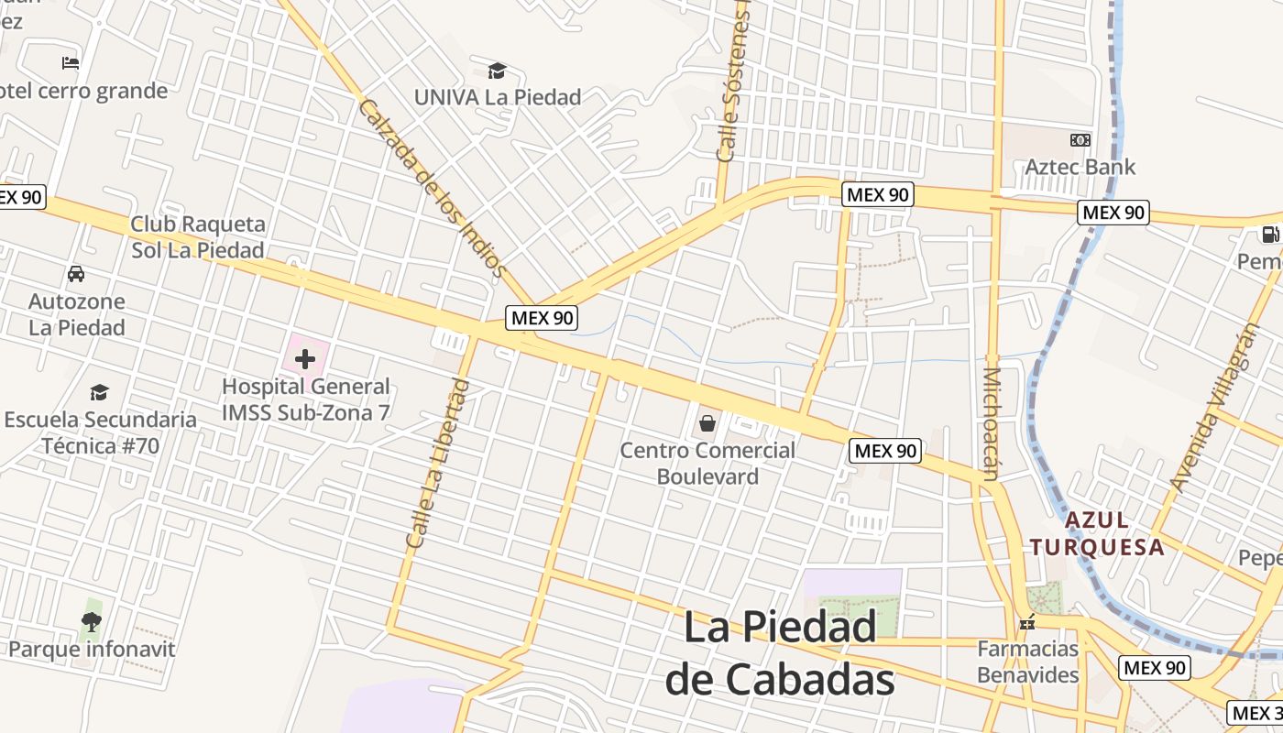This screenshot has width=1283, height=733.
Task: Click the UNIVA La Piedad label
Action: [x=497, y=97]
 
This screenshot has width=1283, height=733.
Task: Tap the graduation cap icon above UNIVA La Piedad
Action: [x=497, y=71]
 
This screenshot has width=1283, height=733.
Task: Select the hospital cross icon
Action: [x=305, y=359]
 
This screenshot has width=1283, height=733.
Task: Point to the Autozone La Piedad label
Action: [x=77, y=314]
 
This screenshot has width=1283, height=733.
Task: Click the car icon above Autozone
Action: [x=76, y=274]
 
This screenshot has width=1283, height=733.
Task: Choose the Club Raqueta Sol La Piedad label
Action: [x=197, y=237]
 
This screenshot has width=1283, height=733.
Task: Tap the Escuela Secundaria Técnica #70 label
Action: [x=100, y=432]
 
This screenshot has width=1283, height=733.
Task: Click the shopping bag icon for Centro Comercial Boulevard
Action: [x=707, y=422]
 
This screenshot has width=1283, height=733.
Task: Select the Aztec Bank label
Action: [x=1080, y=167]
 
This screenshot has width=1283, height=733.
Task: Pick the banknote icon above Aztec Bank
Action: [x=1080, y=140]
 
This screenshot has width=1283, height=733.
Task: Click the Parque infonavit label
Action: [x=92, y=650]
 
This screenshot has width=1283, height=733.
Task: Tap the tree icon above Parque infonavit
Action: [x=92, y=622]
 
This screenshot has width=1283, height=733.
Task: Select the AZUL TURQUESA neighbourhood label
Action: [x=1096, y=534]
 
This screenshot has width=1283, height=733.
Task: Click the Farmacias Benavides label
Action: [x=1027, y=662]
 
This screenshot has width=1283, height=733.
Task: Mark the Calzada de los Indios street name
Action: [x=431, y=188]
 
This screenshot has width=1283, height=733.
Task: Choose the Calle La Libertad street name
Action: [x=438, y=464]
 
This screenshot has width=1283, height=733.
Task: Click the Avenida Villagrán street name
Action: [x=1215, y=409]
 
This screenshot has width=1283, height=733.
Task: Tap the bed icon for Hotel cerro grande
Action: [x=71, y=63]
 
